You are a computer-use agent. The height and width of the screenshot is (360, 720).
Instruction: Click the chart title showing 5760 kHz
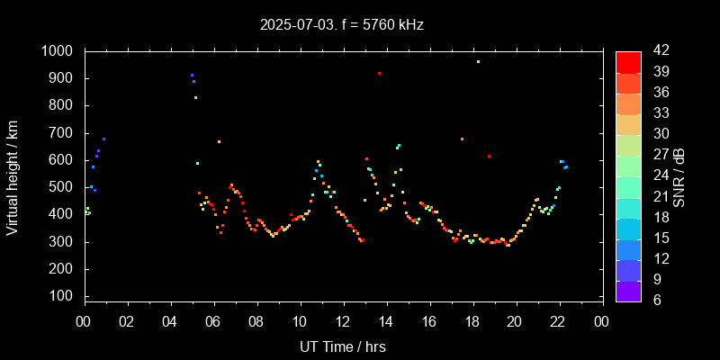[x=342, y=24]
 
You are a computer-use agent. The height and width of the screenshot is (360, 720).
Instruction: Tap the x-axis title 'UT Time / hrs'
[x=343, y=346]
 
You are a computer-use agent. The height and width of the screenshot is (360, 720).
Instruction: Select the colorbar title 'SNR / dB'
[x=679, y=175]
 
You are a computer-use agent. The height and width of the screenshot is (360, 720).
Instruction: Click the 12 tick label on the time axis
[x=343, y=321]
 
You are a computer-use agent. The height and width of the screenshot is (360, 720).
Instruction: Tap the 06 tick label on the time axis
[x=213, y=321]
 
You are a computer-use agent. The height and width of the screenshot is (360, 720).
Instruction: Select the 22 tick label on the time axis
[x=559, y=321]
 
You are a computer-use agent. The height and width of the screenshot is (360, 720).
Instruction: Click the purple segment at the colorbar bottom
[x=628, y=291]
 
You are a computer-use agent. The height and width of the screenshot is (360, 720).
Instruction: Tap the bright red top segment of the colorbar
[x=628, y=61]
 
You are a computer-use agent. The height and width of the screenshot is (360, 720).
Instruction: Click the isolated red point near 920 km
[x=380, y=73]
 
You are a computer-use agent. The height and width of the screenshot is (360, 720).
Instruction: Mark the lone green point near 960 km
[x=478, y=61]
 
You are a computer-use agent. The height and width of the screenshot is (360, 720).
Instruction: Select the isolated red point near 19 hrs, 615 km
[x=489, y=156]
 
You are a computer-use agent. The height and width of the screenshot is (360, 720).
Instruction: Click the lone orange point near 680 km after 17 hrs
[x=462, y=139]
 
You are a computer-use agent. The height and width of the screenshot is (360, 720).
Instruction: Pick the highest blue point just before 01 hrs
[x=103, y=139]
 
